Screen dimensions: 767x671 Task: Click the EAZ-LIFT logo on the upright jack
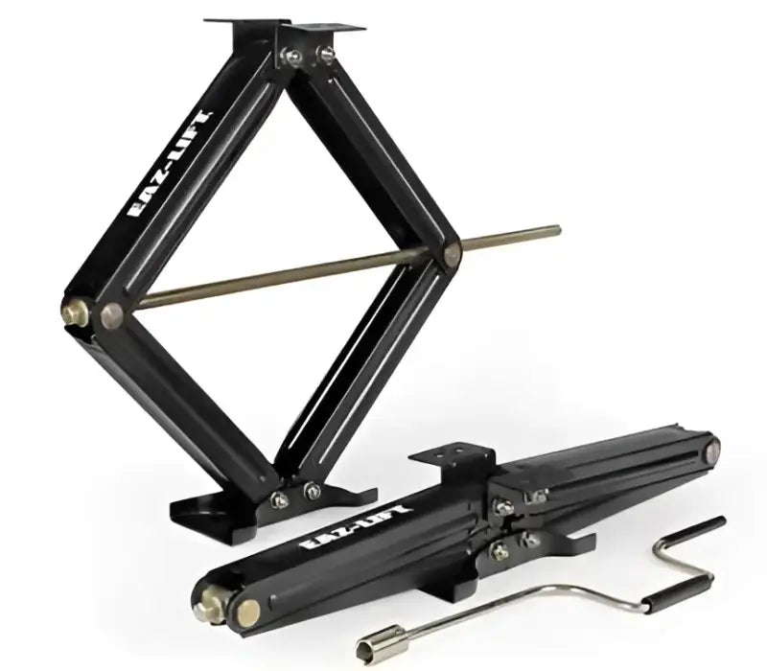[x=171, y=165]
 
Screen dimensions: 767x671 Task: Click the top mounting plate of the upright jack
[x=285, y=26]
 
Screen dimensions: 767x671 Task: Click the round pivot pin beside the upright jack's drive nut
[x=112, y=316]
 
